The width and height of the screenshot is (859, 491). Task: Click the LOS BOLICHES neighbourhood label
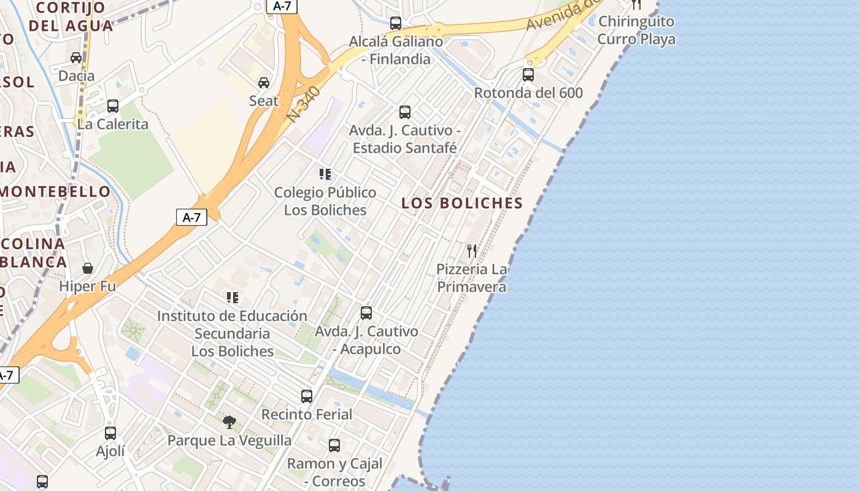[x=462, y=203]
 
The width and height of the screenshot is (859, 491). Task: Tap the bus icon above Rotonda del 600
[x=528, y=75]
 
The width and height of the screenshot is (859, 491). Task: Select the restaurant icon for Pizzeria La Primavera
[x=471, y=250]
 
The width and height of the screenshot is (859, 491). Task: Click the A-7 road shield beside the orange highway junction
[x=191, y=217]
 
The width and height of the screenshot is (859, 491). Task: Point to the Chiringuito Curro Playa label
[x=636, y=30]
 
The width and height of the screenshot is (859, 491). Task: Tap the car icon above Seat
[x=264, y=83]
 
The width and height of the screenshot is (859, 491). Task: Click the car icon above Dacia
[x=76, y=58]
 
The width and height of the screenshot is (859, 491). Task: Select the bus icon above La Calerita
[x=113, y=106]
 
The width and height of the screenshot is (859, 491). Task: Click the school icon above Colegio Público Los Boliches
[x=325, y=174]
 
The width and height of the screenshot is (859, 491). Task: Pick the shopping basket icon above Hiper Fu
[x=88, y=268]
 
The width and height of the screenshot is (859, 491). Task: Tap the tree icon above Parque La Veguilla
[x=229, y=422]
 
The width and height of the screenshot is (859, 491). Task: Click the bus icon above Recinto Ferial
[x=307, y=396]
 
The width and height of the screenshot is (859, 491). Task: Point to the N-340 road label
[x=304, y=103]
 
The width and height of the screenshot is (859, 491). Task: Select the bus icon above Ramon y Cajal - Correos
[x=334, y=445]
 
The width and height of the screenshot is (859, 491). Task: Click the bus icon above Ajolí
[x=110, y=433]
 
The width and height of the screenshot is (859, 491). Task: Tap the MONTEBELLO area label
[x=55, y=191]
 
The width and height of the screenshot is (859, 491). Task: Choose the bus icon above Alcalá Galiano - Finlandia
[x=396, y=23]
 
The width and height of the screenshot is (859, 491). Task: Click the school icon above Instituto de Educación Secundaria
[x=233, y=298]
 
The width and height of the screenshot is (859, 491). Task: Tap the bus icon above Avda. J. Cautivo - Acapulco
[x=366, y=313]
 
